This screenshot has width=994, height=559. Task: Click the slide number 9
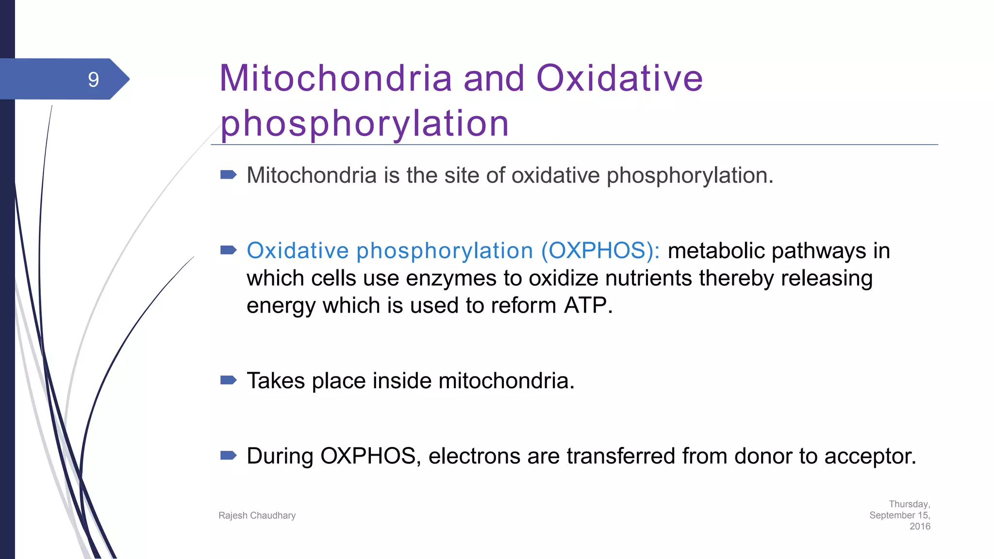click(93, 80)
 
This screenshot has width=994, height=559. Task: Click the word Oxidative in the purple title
click(619, 78)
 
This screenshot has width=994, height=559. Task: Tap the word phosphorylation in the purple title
click(364, 123)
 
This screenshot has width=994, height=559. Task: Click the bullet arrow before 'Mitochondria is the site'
click(229, 175)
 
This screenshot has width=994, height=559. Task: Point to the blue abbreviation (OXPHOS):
click(600, 251)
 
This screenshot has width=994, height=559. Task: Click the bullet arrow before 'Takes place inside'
click(229, 380)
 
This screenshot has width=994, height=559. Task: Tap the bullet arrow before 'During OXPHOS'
click(229, 455)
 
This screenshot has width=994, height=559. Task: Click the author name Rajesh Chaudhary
click(257, 515)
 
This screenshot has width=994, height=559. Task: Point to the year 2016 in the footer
click(920, 526)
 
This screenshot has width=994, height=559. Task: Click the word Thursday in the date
click(909, 504)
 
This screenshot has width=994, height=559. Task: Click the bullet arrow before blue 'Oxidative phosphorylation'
click(229, 250)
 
